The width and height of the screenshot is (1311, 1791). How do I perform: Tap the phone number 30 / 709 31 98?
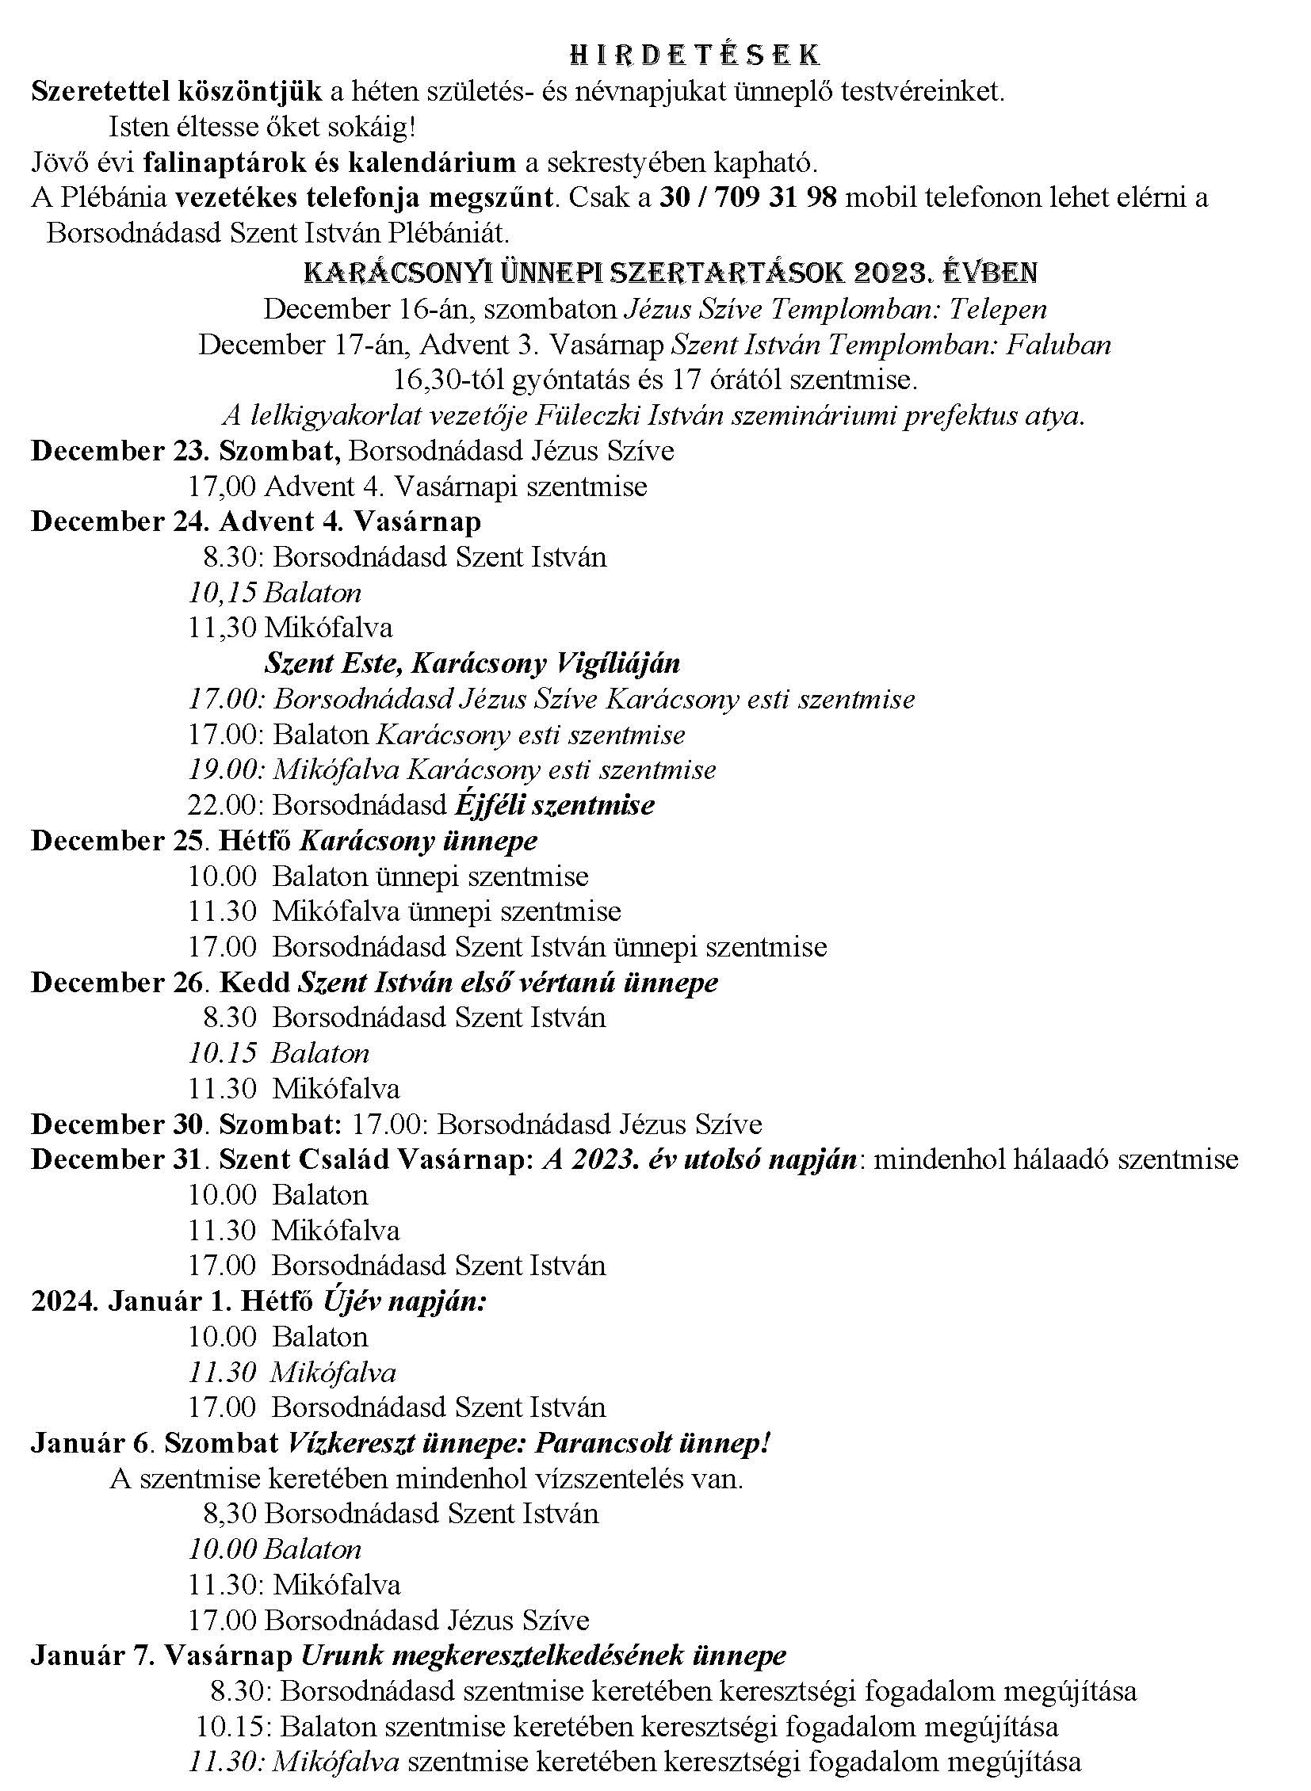point(747,197)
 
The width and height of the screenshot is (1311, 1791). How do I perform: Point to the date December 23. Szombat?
point(185,451)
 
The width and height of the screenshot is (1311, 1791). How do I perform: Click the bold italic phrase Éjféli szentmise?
point(555,804)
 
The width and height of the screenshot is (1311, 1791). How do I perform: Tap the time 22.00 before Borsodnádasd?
point(224,804)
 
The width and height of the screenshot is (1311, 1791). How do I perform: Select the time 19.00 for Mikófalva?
point(224,769)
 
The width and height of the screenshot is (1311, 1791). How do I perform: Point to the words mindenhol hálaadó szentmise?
point(1056,1159)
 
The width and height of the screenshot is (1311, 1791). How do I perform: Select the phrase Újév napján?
point(404,1301)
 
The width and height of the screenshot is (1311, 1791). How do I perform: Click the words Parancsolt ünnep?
point(653,1443)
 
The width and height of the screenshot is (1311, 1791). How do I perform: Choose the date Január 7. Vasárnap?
point(162,1655)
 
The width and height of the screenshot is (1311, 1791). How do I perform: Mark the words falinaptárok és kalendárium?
point(330,162)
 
